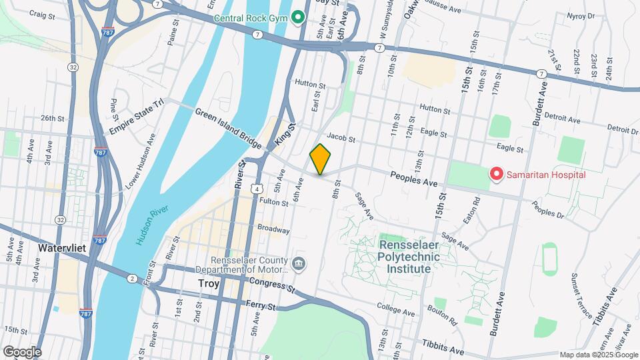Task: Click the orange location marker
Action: (x=321, y=159)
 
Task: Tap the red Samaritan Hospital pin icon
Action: (x=497, y=175)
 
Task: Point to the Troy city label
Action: (x=209, y=283)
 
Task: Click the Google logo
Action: (x=22, y=351)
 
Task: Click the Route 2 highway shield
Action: (x=133, y=278)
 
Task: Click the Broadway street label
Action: (x=274, y=229)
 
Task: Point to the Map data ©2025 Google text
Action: (x=598, y=355)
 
